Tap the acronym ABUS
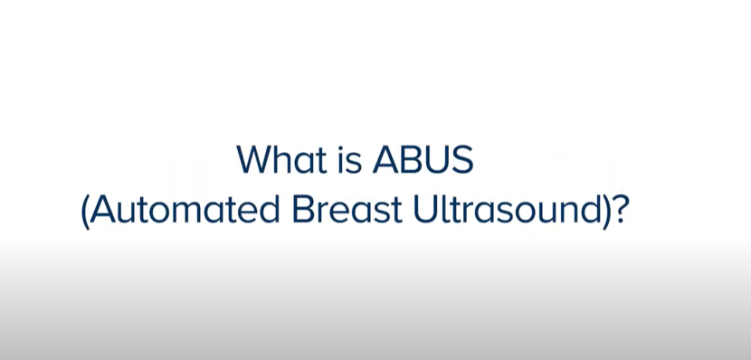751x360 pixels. (423, 159)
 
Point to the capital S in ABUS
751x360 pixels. (462, 160)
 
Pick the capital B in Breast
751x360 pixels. (303, 210)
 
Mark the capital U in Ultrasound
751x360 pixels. (425, 210)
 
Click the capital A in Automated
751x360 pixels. (103, 210)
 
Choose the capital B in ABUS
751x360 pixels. (410, 160)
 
